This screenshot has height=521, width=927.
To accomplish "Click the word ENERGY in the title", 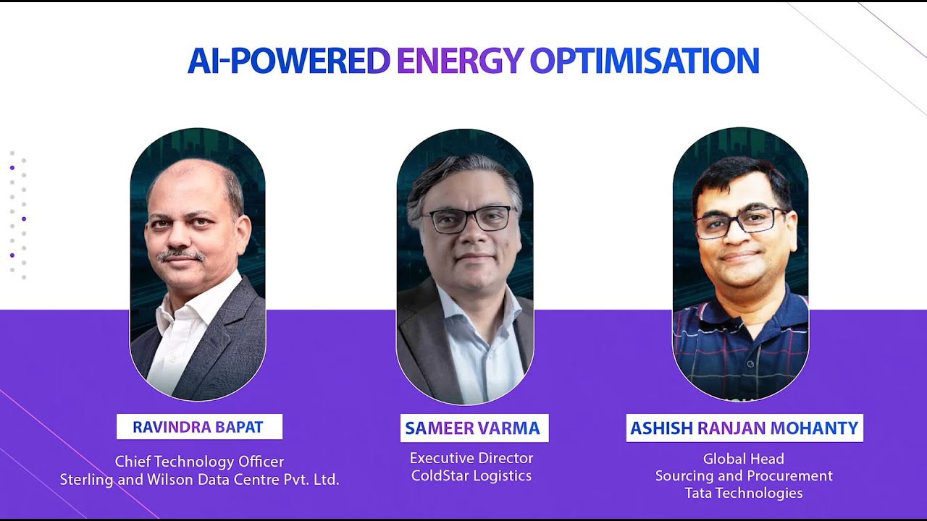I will click(459, 62).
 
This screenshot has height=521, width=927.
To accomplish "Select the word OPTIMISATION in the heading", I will click(644, 62).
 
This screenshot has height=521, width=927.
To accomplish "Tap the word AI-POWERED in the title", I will click(288, 62).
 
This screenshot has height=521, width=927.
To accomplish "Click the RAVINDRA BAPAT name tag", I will click(198, 427).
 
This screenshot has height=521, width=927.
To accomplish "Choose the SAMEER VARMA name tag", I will click(473, 428).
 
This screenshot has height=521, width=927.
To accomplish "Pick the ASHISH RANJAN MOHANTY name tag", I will click(744, 428).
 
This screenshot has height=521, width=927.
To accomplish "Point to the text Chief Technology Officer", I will click(199, 462).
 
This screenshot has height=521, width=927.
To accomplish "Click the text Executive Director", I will click(471, 458).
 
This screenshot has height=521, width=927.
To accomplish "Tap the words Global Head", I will click(744, 459).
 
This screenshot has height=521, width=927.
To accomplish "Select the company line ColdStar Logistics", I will click(471, 475).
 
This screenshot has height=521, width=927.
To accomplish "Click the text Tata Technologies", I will click(744, 494).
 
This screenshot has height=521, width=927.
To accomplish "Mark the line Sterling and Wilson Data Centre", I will click(199, 479).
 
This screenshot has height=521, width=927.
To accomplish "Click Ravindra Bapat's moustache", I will click(180, 255).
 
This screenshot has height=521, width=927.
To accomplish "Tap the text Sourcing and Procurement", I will click(744, 476).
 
